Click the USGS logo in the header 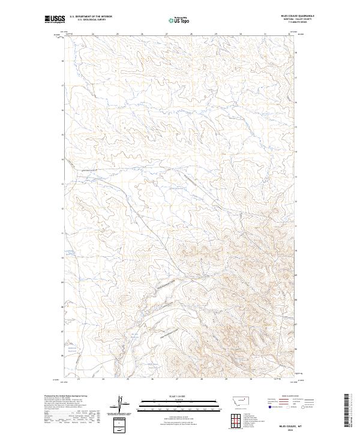(x=55, y=19)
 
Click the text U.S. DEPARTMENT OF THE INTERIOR (x=91, y=17)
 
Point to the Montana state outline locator (x=238, y=400)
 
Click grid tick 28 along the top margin (x=191, y=34)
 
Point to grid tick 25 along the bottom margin (x=128, y=379)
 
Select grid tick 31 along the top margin (x=265, y=34)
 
